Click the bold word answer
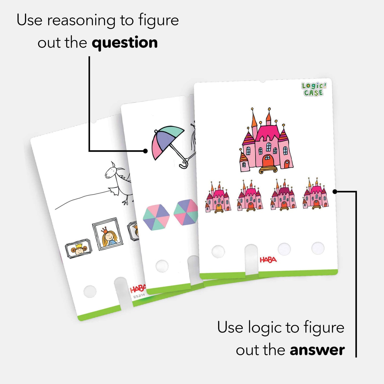coord(317,350)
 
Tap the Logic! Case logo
coord(314,89)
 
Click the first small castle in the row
coord(218,198)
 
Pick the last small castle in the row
coord(316,194)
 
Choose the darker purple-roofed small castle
coord(283,195)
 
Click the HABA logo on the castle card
coord(268,260)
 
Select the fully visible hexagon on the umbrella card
coord(156,217)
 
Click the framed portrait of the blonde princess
coord(108,234)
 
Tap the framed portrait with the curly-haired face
coord(79,249)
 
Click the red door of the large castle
coord(268,161)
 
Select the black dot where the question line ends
coord(145,151)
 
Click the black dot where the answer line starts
coord(335,191)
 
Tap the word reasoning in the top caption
coord(81,21)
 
